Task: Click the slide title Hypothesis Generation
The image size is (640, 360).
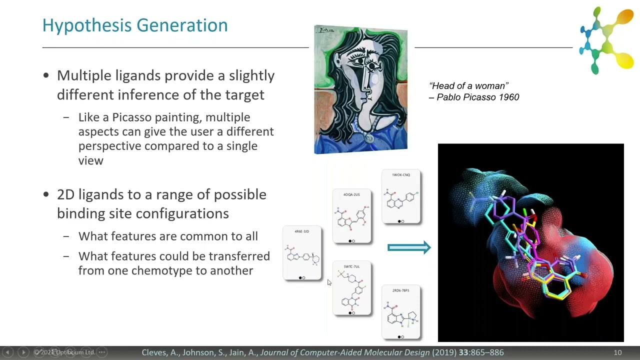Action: pyautogui.click(x=135, y=25)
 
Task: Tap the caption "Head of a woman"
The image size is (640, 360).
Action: pyautogui.click(x=469, y=86)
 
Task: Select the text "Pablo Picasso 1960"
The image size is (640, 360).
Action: pyautogui.click(x=478, y=97)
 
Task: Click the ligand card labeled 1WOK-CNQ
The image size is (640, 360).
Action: pyautogui.click(x=401, y=197)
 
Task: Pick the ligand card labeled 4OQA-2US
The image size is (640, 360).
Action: pyautogui.click(x=351, y=216)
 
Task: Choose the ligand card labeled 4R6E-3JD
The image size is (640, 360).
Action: pyautogui.click(x=302, y=253)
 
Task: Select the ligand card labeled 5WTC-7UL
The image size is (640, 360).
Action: pyautogui.click(x=352, y=288)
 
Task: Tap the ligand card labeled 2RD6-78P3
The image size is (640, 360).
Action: pyautogui.click(x=401, y=312)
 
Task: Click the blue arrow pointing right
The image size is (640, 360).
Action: pyautogui.click(x=409, y=247)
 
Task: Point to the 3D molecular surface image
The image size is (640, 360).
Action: pyautogui.click(x=530, y=242)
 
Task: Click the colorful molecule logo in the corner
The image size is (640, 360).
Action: pyautogui.click(x=606, y=39)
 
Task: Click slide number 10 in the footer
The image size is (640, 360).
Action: pyautogui.click(x=617, y=352)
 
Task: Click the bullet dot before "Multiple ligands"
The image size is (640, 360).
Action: pyautogui.click(x=46, y=76)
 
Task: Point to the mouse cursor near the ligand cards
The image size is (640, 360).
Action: pyautogui.click(x=329, y=282)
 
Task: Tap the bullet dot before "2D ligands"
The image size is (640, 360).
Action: pyautogui.click(x=46, y=195)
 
